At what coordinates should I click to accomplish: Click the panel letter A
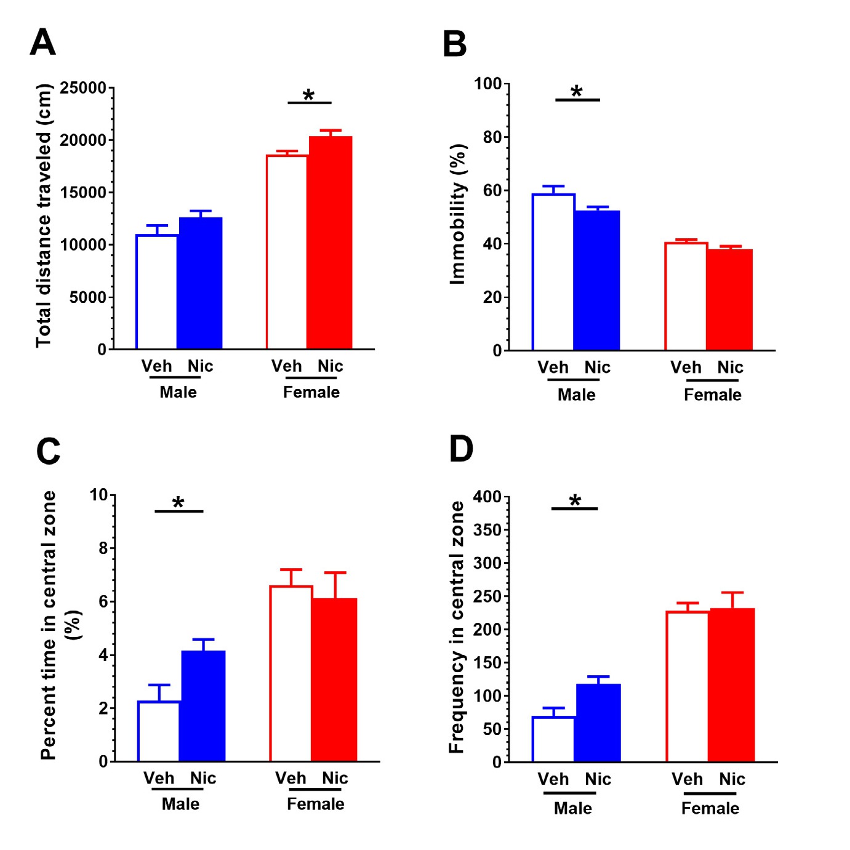42,42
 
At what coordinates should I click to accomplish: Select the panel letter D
461,449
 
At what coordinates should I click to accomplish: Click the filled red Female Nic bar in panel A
330,243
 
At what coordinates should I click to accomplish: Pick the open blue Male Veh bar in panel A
157,292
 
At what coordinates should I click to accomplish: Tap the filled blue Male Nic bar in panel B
596,280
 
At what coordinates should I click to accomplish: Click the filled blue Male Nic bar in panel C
202,706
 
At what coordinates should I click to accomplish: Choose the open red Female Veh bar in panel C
291,673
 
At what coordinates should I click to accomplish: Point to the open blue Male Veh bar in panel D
553,739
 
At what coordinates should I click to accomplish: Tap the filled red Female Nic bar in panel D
731,685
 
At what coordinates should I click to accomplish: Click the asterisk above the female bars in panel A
309,95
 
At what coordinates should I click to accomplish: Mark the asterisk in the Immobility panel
577,92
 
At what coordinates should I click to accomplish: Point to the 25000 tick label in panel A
83,88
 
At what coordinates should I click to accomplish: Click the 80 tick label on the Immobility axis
492,137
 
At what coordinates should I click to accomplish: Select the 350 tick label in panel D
487,530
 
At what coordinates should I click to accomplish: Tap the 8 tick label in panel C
103,548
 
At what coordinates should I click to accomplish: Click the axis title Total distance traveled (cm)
43,215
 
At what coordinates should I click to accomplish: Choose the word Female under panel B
712,395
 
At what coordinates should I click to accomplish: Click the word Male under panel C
180,804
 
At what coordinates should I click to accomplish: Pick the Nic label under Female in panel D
732,779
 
